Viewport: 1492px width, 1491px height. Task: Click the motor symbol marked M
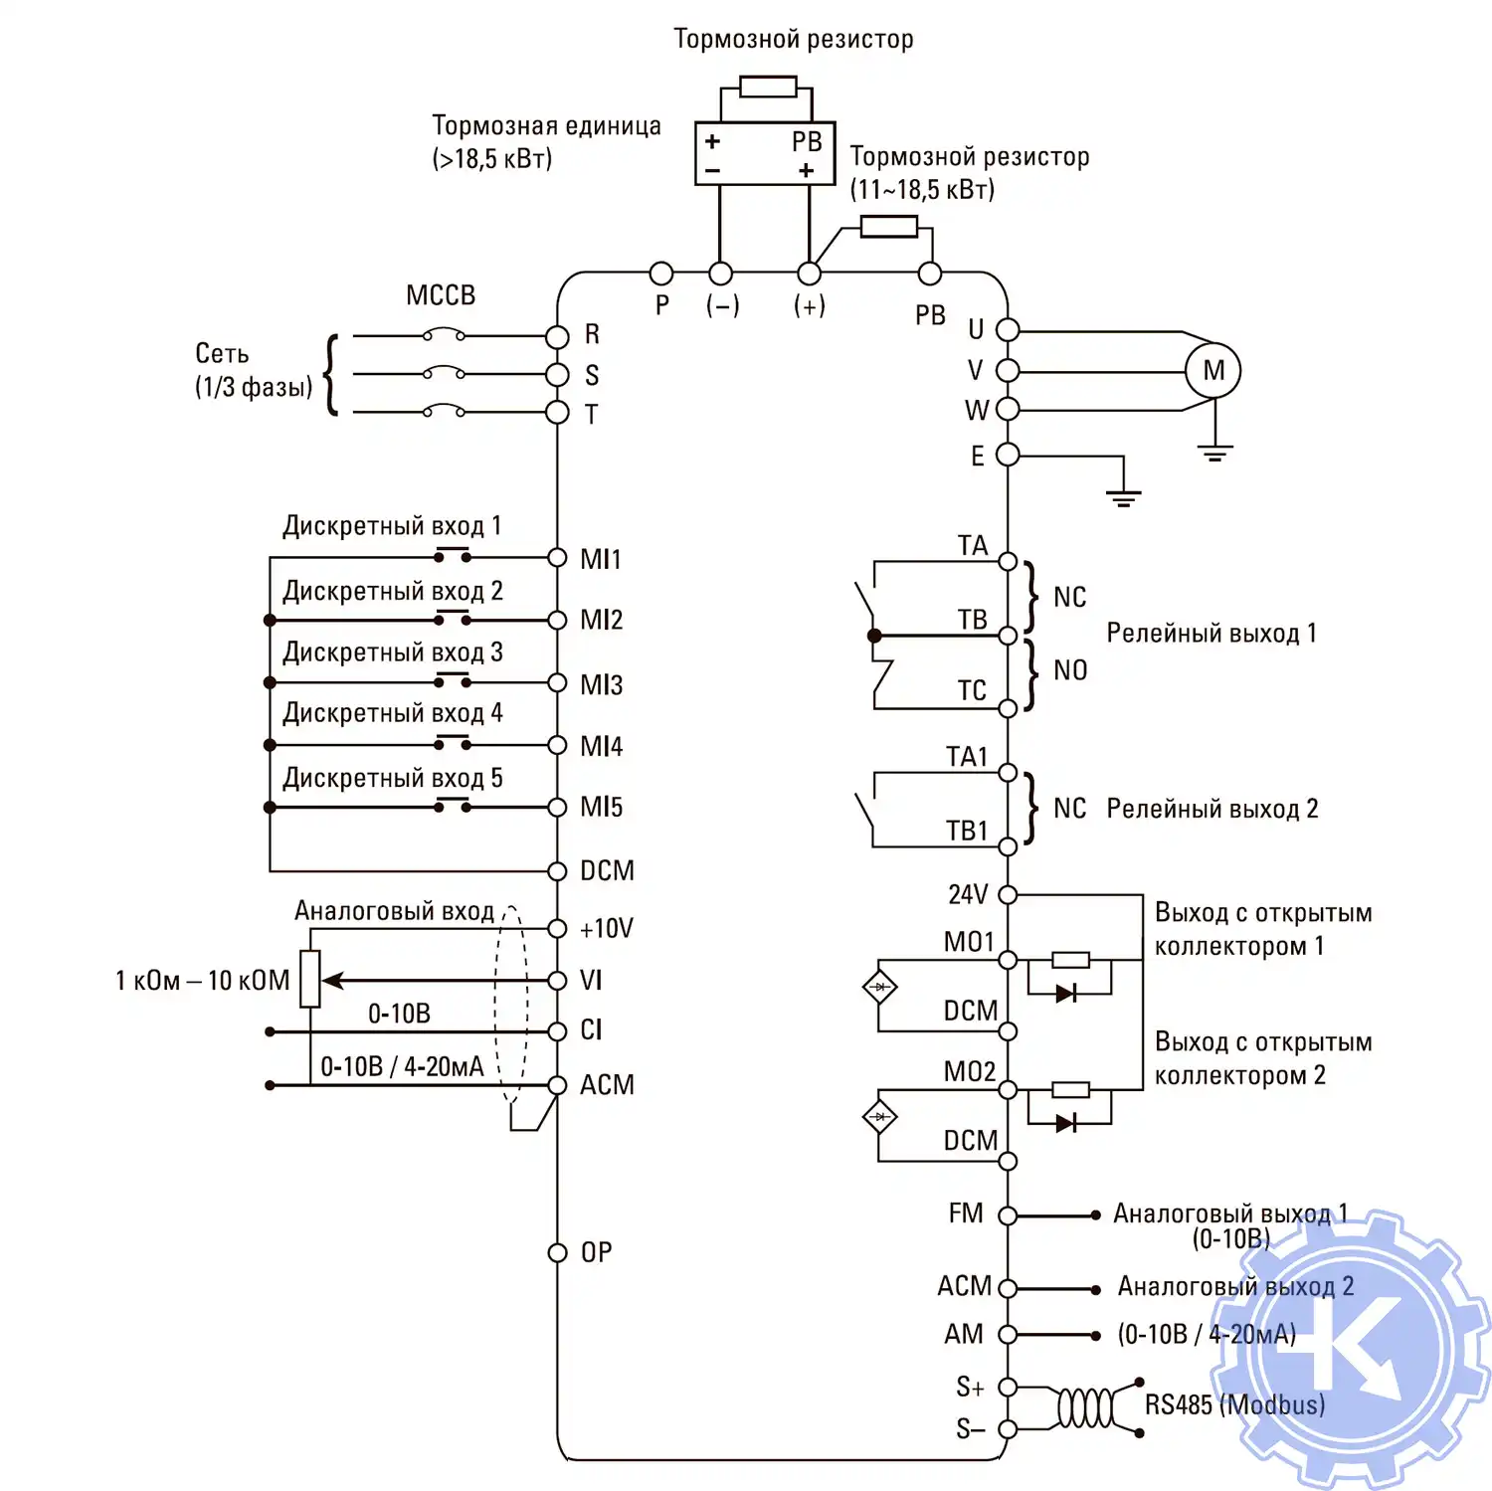coord(1212,371)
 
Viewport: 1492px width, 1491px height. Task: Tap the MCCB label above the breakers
coord(441,295)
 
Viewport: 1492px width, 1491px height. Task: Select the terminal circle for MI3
coord(557,682)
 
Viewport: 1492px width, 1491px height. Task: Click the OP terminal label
coord(596,1252)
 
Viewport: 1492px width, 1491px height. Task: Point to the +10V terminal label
coord(606,928)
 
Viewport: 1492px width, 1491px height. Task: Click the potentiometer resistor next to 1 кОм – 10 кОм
coord(310,979)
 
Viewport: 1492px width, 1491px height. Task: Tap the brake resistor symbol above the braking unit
coord(768,88)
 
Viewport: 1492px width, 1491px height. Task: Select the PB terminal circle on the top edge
coord(929,274)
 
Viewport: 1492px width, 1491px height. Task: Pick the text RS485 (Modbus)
coord(1234,1404)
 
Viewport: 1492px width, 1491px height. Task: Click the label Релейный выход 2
coord(1212,809)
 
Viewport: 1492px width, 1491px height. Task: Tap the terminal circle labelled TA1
coord(1008,773)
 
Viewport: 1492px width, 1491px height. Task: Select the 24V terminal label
coord(967,894)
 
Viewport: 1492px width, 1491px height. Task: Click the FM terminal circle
coord(1008,1215)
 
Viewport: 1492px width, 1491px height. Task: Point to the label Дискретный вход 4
coord(392,713)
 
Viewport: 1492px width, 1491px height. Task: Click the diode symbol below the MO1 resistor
coord(1066,993)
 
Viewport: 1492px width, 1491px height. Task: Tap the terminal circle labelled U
coord(1008,329)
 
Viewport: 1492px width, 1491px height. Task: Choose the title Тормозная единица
coord(546,125)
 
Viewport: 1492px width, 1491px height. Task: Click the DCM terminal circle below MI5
coord(557,871)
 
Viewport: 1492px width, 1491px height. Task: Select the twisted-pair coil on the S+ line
coord(1084,1408)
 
